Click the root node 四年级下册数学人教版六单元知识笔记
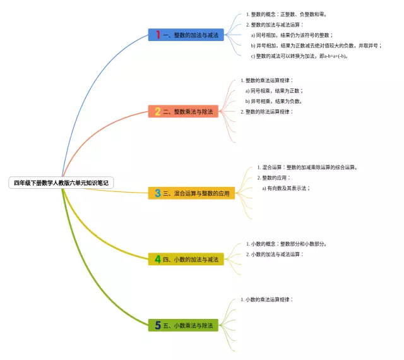pyautogui.click(x=61, y=183)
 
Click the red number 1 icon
pyautogui.click(x=158, y=35)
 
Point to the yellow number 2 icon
pyautogui.click(x=158, y=111)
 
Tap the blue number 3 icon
pyautogui.click(x=158, y=193)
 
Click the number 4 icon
pyautogui.click(x=158, y=259)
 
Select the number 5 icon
pyautogui.click(x=158, y=325)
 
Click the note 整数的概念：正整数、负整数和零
pyautogui.click(x=288, y=14)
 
